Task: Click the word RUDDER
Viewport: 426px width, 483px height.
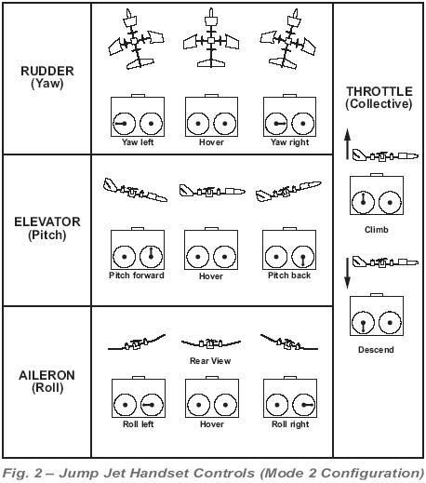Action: (x=47, y=71)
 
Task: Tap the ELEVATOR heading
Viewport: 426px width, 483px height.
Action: (x=47, y=222)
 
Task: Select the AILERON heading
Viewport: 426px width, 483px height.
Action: (x=47, y=375)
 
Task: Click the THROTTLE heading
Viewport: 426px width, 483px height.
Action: (x=379, y=91)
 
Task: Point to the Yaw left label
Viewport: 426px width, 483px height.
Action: (x=138, y=142)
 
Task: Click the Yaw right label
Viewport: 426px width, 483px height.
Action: (x=290, y=142)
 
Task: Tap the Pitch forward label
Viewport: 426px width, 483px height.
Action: (x=137, y=275)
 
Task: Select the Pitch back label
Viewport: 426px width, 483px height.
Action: (x=289, y=275)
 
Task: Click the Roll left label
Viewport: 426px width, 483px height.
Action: (x=139, y=424)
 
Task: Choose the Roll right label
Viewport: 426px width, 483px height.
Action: (x=290, y=424)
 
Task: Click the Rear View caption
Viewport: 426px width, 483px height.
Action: (x=210, y=361)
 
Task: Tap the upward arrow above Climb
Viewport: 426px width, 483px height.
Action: (x=348, y=144)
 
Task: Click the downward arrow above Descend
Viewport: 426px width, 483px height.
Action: (x=348, y=274)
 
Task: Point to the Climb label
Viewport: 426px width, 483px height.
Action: (x=377, y=230)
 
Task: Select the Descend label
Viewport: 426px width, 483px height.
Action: (x=376, y=350)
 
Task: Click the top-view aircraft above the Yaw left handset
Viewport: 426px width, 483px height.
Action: (x=135, y=40)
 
